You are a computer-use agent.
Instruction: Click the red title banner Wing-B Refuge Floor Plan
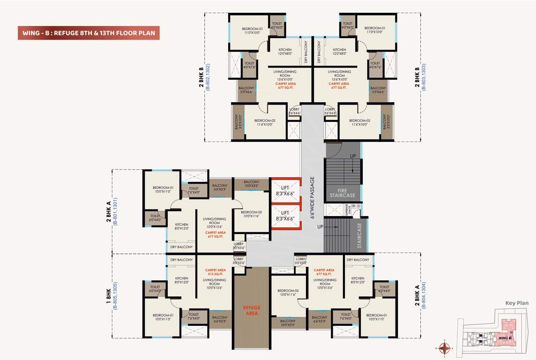pos(89,33)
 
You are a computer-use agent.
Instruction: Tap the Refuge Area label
pos(252,311)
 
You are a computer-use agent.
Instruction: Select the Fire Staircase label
pos(342,194)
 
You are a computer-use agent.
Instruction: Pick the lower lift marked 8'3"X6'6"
pos(285,216)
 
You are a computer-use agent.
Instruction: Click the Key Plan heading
pos(517,303)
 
